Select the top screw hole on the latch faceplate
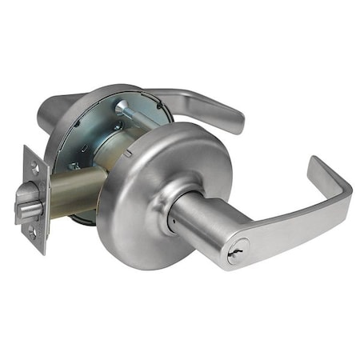click(34, 167)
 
